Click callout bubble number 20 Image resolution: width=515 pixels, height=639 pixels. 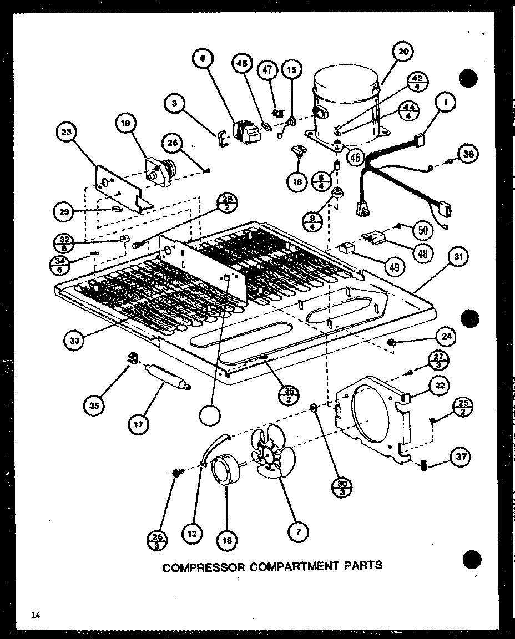click(x=403, y=52)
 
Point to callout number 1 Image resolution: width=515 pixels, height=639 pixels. click(x=445, y=102)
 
